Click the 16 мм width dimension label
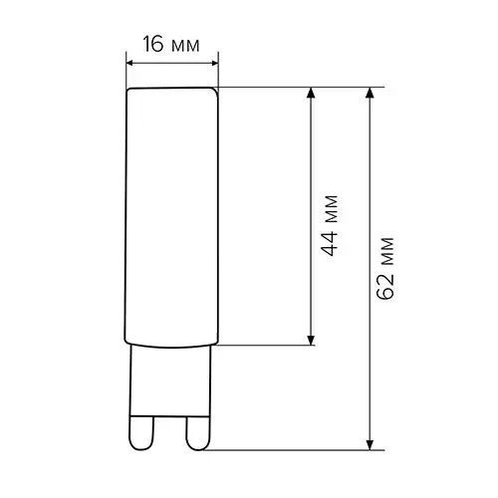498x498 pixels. (x=171, y=44)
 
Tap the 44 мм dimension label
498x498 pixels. (x=331, y=226)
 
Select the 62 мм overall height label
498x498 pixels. (x=386, y=268)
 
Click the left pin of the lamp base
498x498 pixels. (x=141, y=432)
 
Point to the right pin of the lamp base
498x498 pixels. (x=198, y=432)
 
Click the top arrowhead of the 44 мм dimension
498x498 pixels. (x=311, y=93)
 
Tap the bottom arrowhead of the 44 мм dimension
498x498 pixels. (x=311, y=340)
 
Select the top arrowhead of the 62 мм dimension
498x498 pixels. (x=370, y=93)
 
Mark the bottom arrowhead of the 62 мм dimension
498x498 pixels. (x=370, y=445)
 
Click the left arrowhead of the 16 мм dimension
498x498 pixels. (x=132, y=63)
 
